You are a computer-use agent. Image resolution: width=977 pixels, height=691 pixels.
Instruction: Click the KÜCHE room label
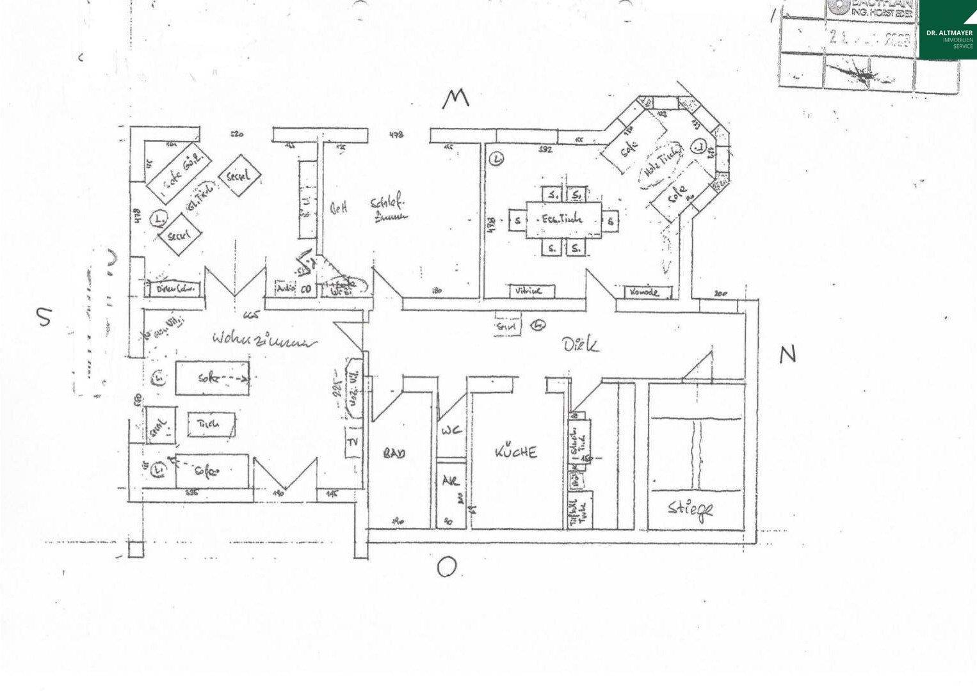click(516, 452)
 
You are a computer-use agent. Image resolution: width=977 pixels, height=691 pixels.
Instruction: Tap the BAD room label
click(394, 454)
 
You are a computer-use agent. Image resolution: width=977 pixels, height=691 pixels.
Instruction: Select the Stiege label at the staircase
click(690, 509)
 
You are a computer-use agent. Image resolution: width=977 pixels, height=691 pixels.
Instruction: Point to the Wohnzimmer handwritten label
click(264, 340)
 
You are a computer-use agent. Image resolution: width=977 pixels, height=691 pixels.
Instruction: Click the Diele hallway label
click(581, 345)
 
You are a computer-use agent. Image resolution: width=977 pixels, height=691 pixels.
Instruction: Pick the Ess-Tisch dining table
click(563, 219)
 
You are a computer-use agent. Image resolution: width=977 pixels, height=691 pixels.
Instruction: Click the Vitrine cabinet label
click(528, 291)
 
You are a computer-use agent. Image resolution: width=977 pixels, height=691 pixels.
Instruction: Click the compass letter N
click(787, 354)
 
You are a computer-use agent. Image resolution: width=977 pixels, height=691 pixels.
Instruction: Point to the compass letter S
click(44, 316)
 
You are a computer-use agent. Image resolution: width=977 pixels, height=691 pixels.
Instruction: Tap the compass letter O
click(447, 567)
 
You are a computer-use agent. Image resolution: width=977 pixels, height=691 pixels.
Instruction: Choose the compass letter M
click(456, 98)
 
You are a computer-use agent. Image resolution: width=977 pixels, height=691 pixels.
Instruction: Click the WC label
click(451, 431)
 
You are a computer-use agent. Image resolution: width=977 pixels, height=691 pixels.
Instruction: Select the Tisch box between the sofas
click(211, 424)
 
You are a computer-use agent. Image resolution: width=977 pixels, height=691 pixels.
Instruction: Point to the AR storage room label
click(450, 481)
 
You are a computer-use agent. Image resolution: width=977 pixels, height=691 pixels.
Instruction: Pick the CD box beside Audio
click(306, 289)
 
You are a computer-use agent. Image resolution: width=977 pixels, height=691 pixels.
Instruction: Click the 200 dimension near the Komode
click(720, 293)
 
